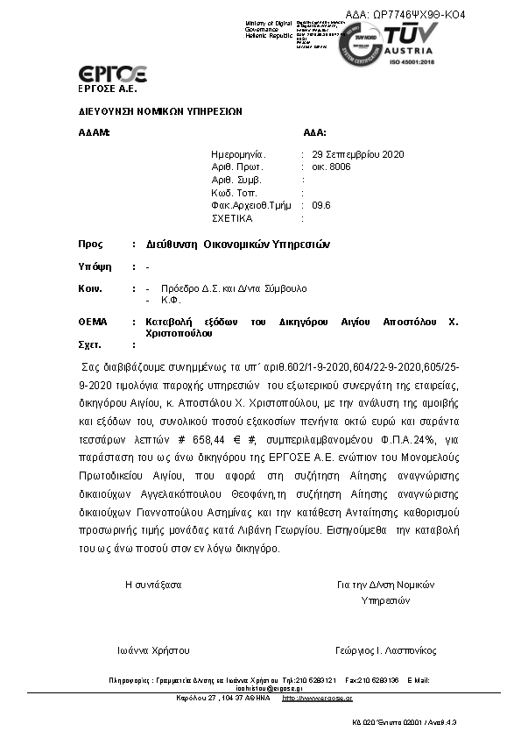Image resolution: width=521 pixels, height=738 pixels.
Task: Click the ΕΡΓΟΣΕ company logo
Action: point(111,74)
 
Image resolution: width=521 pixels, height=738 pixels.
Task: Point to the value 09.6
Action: point(321,205)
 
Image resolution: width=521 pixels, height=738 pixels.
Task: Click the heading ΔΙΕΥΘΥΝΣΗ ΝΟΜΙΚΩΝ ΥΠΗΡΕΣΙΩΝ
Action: point(160,112)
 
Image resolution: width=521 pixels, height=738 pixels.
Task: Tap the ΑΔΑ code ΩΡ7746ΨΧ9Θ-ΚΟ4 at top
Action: point(405,15)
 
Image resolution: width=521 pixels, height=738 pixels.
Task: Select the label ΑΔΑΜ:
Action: point(94,133)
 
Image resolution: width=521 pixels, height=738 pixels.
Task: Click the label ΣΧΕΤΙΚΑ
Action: point(231,217)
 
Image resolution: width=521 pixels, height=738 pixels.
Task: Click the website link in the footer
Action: point(318,698)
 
